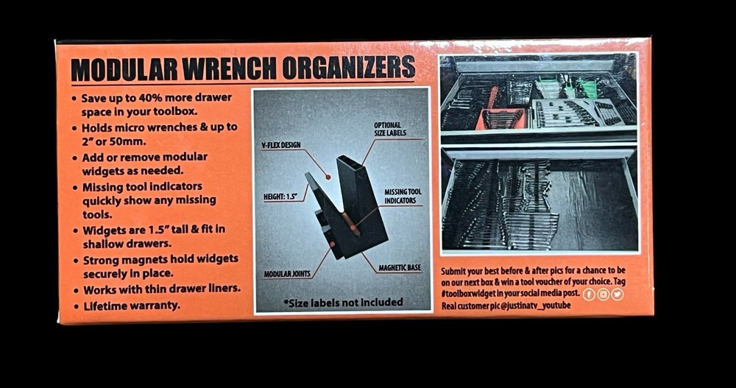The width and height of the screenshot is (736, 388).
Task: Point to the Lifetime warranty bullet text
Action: pos(132,305)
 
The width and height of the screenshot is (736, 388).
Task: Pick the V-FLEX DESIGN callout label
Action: pos(280,145)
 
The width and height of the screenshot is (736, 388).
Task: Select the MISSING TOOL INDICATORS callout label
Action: pos(403,196)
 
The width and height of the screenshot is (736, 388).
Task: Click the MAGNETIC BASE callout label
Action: pos(400,268)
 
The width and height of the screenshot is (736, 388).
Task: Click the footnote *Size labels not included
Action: pos(343,302)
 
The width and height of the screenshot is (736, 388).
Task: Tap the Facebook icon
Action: pos(589,294)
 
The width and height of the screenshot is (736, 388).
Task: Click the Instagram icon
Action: pos(603,294)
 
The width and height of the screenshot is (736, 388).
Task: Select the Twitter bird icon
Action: pos(617,294)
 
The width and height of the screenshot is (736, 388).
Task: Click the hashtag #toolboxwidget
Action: pos(476,294)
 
